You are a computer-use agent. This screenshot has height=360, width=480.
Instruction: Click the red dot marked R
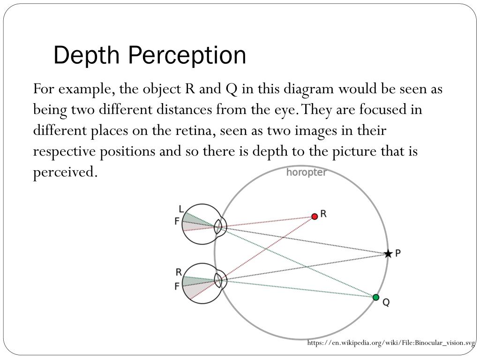click(x=315, y=216)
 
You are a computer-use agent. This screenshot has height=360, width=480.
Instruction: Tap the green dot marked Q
click(x=375, y=297)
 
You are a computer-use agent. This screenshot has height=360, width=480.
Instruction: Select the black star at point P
click(x=388, y=254)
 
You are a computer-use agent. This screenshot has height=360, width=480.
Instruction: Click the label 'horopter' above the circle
click(x=307, y=172)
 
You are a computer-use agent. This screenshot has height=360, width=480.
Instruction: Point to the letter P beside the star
click(x=397, y=253)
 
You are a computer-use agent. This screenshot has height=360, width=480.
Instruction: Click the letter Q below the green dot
click(x=386, y=303)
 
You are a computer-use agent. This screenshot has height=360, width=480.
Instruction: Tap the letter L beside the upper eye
click(x=181, y=209)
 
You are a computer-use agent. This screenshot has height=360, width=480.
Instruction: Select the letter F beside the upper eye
click(x=177, y=221)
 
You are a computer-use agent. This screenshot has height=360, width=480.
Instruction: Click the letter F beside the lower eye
click(x=177, y=285)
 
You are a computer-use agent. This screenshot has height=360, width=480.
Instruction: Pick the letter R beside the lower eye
click(x=179, y=272)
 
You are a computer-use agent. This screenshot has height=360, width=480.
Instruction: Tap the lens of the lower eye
click(x=218, y=280)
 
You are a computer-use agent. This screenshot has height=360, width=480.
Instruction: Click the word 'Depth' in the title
click(x=88, y=55)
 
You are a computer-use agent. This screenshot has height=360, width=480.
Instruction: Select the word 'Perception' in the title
click(x=187, y=55)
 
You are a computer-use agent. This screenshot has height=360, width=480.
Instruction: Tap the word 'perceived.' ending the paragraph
click(x=66, y=172)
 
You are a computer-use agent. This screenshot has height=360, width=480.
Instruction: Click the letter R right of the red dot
click(x=323, y=214)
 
